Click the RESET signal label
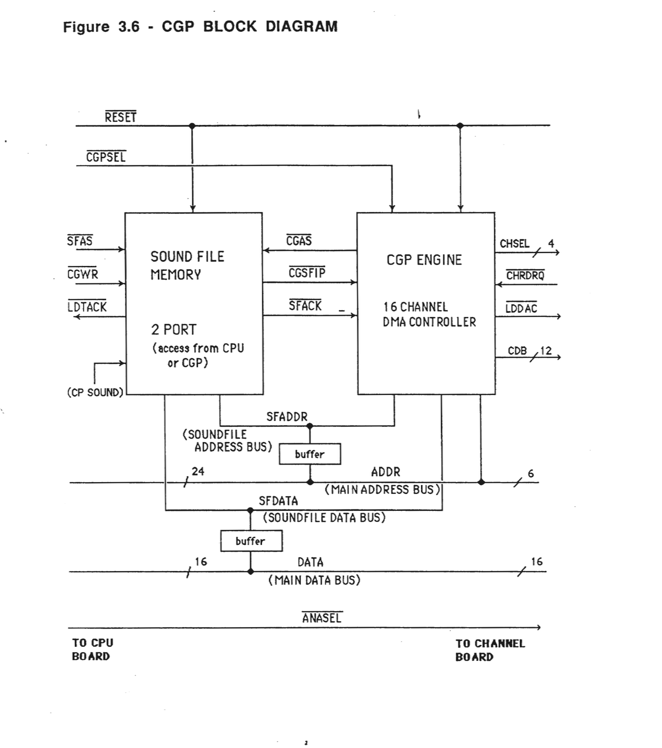(120, 117)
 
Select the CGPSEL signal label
(106, 157)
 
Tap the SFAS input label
(80, 241)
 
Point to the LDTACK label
(87, 307)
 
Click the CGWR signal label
(83, 274)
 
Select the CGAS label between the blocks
(299, 241)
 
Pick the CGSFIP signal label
(307, 273)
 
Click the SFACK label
(305, 306)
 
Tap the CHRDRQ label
(525, 275)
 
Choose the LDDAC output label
(521, 308)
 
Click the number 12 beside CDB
(546, 351)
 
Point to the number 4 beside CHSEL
(551, 244)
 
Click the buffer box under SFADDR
(310, 454)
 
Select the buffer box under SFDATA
(251, 541)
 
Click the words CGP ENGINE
(424, 260)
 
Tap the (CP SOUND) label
(95, 393)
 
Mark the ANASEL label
(321, 618)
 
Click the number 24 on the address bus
(198, 471)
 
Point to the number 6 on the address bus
(531, 473)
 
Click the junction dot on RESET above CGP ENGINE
(460, 125)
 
